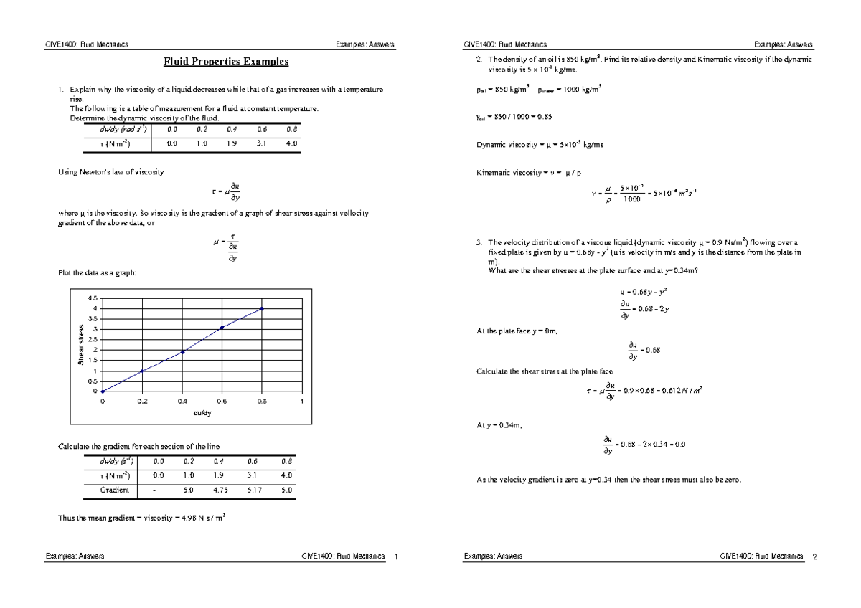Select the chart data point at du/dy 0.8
262,308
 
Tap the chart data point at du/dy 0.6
222,328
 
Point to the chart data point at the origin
103,391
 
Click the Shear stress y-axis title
82,345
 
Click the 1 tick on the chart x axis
302,402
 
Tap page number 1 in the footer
397,556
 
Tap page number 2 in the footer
814,556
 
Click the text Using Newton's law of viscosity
110,172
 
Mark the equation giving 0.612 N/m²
643,391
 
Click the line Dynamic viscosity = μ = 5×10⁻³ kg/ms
540,145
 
